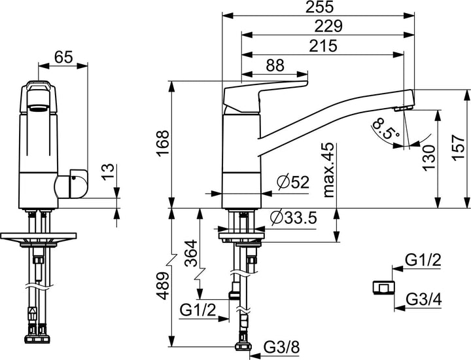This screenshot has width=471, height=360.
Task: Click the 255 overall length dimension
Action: coord(319,8)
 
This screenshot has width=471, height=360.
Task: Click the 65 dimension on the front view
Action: coord(63,57)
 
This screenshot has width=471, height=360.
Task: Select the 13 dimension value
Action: coord(109,173)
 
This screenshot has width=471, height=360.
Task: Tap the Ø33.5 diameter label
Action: coord(292,217)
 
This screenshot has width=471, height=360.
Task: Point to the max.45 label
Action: coord(328,171)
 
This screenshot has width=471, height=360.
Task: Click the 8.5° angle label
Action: coord(386,129)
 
